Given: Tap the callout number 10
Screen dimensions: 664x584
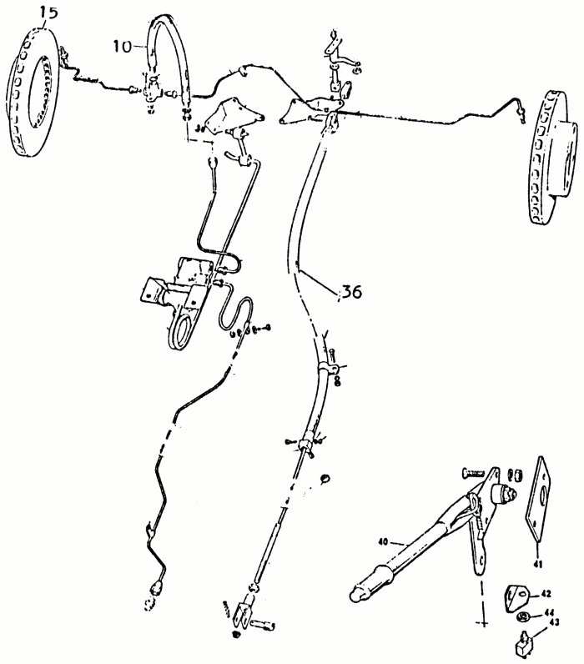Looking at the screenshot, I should click(122, 47).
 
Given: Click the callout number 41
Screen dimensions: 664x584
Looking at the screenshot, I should click(538, 564).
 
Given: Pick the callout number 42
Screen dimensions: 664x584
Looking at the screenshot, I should click(545, 594).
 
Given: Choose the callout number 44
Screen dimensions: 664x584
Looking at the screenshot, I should click(548, 611).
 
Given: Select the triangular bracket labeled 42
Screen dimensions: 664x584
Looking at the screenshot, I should click(517, 597).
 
